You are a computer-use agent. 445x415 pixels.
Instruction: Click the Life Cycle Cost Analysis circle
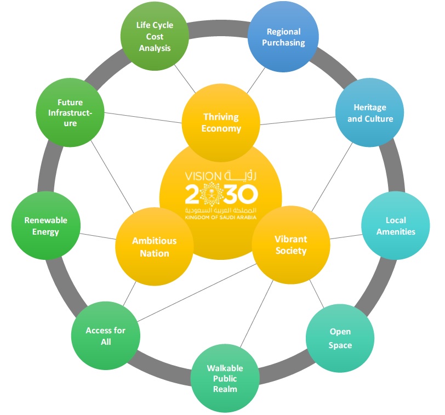[155, 37]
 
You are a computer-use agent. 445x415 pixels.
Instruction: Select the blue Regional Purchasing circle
[283, 37]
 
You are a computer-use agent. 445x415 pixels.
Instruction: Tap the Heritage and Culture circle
[369, 113]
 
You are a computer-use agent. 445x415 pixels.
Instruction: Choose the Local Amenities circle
[396, 225]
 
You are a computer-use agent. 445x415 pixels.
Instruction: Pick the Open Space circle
[340, 338]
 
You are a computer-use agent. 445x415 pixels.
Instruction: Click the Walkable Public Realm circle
[225, 378]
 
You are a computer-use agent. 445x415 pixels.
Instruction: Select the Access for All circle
[105, 336]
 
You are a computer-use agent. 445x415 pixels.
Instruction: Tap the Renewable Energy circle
[45, 225]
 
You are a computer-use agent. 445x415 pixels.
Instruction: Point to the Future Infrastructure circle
[70, 113]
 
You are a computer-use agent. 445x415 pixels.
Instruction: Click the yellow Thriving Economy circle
[221, 123]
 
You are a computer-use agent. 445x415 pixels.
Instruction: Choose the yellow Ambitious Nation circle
[154, 247]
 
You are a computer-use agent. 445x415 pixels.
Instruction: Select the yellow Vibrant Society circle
[290, 245]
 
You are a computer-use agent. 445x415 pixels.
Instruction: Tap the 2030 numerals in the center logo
[221, 194]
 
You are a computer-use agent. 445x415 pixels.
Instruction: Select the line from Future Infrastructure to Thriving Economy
[142, 118]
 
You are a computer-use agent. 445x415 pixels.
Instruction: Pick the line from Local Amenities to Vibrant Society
[345, 236]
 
